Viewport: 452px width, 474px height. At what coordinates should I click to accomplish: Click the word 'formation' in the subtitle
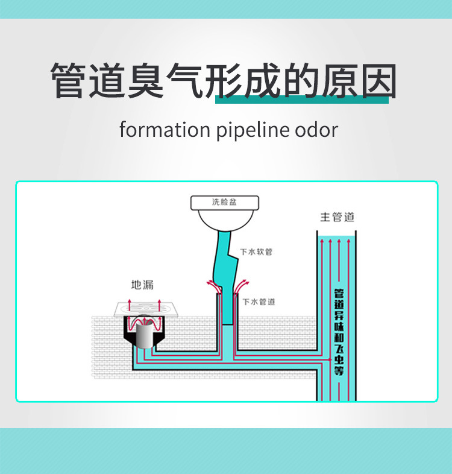pos(165,130)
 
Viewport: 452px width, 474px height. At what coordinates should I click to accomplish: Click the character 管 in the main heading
pos(71,80)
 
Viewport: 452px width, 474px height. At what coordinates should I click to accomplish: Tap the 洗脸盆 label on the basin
pos(224,202)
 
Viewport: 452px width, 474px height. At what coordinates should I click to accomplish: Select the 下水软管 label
pos(256,251)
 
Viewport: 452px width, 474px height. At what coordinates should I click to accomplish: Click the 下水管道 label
pos(259,301)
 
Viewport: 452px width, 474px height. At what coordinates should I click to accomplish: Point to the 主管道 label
pos(337,217)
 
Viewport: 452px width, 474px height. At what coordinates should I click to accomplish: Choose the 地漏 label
pos(143,284)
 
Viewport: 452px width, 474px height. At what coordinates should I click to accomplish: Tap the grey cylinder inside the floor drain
pos(143,335)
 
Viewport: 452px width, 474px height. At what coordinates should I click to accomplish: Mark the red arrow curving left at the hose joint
pos(210,283)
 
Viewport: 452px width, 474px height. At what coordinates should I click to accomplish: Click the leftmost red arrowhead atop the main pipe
pos(321,241)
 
